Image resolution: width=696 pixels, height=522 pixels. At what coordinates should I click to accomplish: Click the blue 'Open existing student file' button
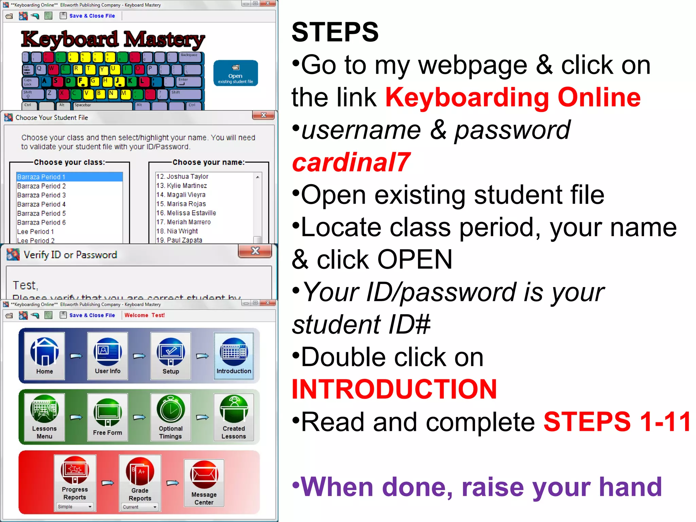pyautogui.click(x=236, y=73)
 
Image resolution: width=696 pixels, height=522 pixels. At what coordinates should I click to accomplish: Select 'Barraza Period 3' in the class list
pyautogui.click(x=41, y=195)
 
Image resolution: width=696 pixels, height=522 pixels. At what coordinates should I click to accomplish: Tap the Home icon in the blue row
pyautogui.click(x=45, y=355)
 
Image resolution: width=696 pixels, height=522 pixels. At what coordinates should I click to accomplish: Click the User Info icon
pyautogui.click(x=107, y=355)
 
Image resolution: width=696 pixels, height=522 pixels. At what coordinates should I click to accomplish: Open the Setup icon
pyautogui.click(x=171, y=355)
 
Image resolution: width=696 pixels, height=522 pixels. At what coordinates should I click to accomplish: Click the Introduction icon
pyautogui.click(x=234, y=355)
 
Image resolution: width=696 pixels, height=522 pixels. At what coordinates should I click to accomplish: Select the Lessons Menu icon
pyautogui.click(x=45, y=417)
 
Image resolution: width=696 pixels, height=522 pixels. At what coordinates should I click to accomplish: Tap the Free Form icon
pyautogui.click(x=107, y=417)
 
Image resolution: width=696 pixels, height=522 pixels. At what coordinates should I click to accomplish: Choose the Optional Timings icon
pyautogui.click(x=171, y=417)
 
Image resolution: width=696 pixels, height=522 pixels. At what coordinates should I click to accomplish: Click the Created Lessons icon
pyautogui.click(x=234, y=417)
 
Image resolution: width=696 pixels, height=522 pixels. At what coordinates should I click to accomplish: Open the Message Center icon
pyautogui.click(x=204, y=482)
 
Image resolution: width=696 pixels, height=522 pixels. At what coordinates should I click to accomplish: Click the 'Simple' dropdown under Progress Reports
pyautogui.click(x=75, y=507)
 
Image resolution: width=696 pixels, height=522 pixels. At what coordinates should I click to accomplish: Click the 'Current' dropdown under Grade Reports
pyautogui.click(x=140, y=507)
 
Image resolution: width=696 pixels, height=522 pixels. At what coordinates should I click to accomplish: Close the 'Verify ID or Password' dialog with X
pyautogui.click(x=255, y=251)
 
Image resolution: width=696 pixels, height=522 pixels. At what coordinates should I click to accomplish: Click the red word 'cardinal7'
pyautogui.click(x=351, y=162)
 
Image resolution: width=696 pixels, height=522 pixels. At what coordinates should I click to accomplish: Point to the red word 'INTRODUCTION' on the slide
pyautogui.click(x=394, y=389)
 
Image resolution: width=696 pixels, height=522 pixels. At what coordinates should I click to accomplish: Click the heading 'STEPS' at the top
pyautogui.click(x=335, y=32)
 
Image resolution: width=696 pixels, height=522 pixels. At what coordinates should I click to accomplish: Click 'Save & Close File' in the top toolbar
pyautogui.click(x=92, y=16)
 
